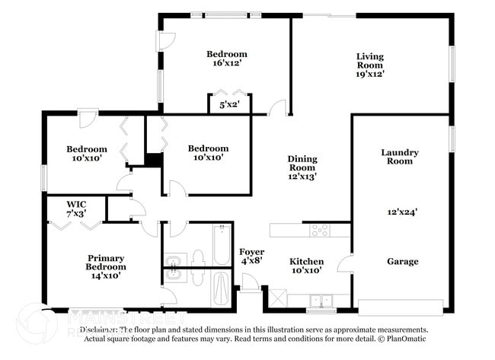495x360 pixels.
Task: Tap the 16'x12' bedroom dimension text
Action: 227,64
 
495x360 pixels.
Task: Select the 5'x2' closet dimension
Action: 230,105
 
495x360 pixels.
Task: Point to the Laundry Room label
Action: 400,157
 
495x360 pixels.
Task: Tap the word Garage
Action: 402,261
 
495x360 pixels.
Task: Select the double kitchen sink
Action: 321,300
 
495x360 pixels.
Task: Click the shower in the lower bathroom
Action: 221,290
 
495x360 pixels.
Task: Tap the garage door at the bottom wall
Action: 401,307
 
